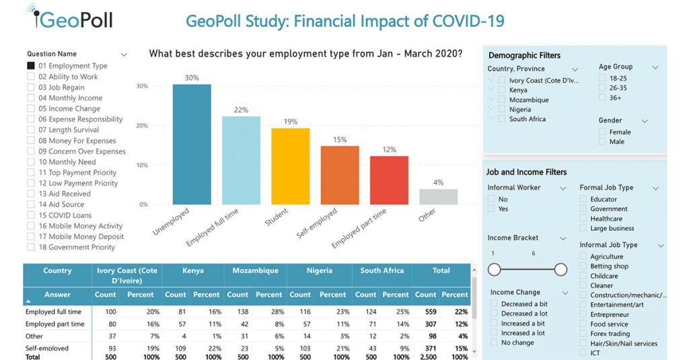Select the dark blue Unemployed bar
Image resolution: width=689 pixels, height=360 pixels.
click(x=192, y=144)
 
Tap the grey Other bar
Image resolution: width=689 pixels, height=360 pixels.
click(x=438, y=196)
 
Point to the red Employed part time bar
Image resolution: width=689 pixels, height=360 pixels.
click(x=389, y=180)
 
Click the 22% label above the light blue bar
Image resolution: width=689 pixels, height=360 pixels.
click(x=241, y=110)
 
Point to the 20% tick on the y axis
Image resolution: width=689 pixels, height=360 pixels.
click(x=142, y=126)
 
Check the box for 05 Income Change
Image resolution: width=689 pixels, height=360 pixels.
click(x=31, y=108)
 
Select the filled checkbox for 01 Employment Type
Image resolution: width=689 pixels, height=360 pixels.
click(x=31, y=66)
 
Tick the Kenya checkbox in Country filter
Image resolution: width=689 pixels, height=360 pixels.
click(x=502, y=89)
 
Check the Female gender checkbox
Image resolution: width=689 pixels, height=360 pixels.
click(x=603, y=132)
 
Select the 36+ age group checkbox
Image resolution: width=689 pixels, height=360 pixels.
click(x=603, y=98)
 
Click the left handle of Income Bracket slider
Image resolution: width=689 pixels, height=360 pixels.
click(x=495, y=270)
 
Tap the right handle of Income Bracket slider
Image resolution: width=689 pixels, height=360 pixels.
click(x=560, y=270)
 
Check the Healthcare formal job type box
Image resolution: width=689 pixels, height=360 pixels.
click(x=584, y=219)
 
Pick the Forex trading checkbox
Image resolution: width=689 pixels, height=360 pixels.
click(x=584, y=334)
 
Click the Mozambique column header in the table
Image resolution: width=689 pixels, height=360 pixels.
click(x=255, y=271)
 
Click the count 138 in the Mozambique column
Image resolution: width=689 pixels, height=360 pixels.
click(x=238, y=312)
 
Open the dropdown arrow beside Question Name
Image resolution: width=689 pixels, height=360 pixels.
click(x=124, y=55)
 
